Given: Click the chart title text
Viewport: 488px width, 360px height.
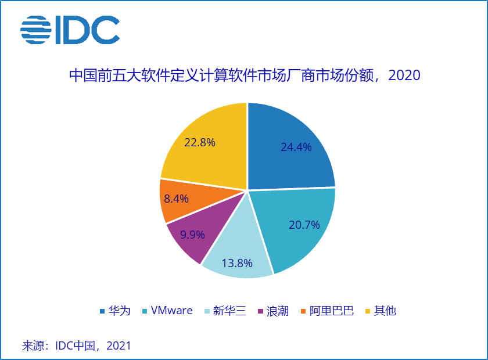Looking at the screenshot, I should tap(244, 76).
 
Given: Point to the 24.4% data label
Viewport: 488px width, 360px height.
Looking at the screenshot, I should tap(296, 147).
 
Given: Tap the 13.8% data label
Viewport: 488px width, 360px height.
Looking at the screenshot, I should tap(237, 263).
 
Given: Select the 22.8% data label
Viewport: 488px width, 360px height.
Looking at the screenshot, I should tap(200, 142).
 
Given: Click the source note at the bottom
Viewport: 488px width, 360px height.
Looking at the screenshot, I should tap(76, 346).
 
